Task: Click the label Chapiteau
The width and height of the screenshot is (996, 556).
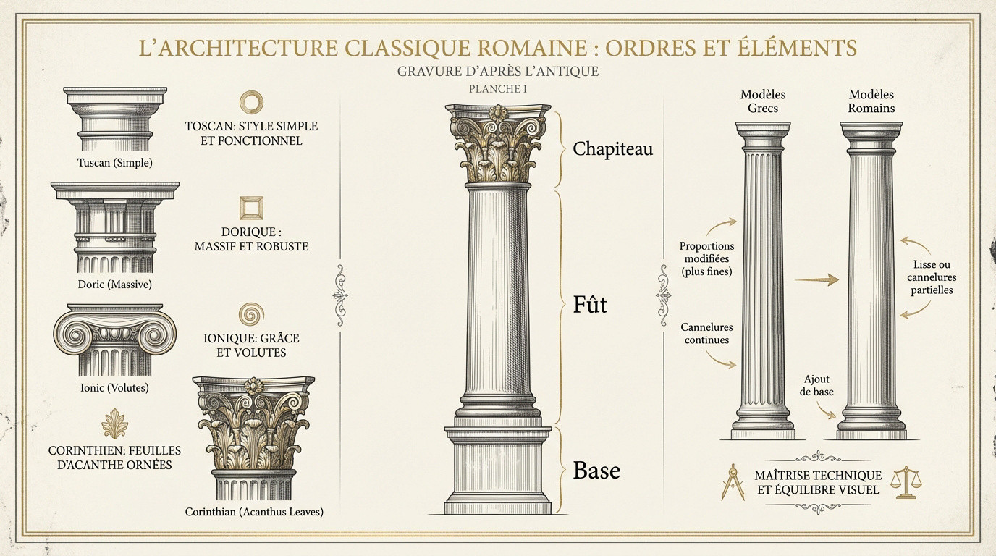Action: point(612,149)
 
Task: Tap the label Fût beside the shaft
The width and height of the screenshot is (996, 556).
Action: point(590,305)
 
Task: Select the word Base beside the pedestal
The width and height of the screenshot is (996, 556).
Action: point(596,470)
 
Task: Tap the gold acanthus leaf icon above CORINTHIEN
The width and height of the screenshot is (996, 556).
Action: point(114,424)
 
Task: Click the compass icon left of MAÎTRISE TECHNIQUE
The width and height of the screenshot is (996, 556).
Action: point(733,484)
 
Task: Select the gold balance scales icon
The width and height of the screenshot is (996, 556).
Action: point(906,483)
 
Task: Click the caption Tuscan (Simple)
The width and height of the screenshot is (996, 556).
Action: point(114,163)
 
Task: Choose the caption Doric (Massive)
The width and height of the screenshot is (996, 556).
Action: point(114,285)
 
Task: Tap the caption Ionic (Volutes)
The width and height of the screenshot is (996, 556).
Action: point(114,388)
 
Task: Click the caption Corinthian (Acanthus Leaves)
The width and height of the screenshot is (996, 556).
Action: point(254,512)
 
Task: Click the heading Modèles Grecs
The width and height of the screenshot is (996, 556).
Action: point(763,101)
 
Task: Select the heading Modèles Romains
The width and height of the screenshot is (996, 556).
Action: point(871,101)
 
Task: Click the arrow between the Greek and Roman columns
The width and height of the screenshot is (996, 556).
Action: point(816,279)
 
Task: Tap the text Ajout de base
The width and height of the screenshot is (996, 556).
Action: point(816,385)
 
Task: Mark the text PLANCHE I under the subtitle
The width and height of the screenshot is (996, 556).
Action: point(497,89)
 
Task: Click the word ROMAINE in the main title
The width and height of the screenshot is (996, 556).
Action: point(528,48)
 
